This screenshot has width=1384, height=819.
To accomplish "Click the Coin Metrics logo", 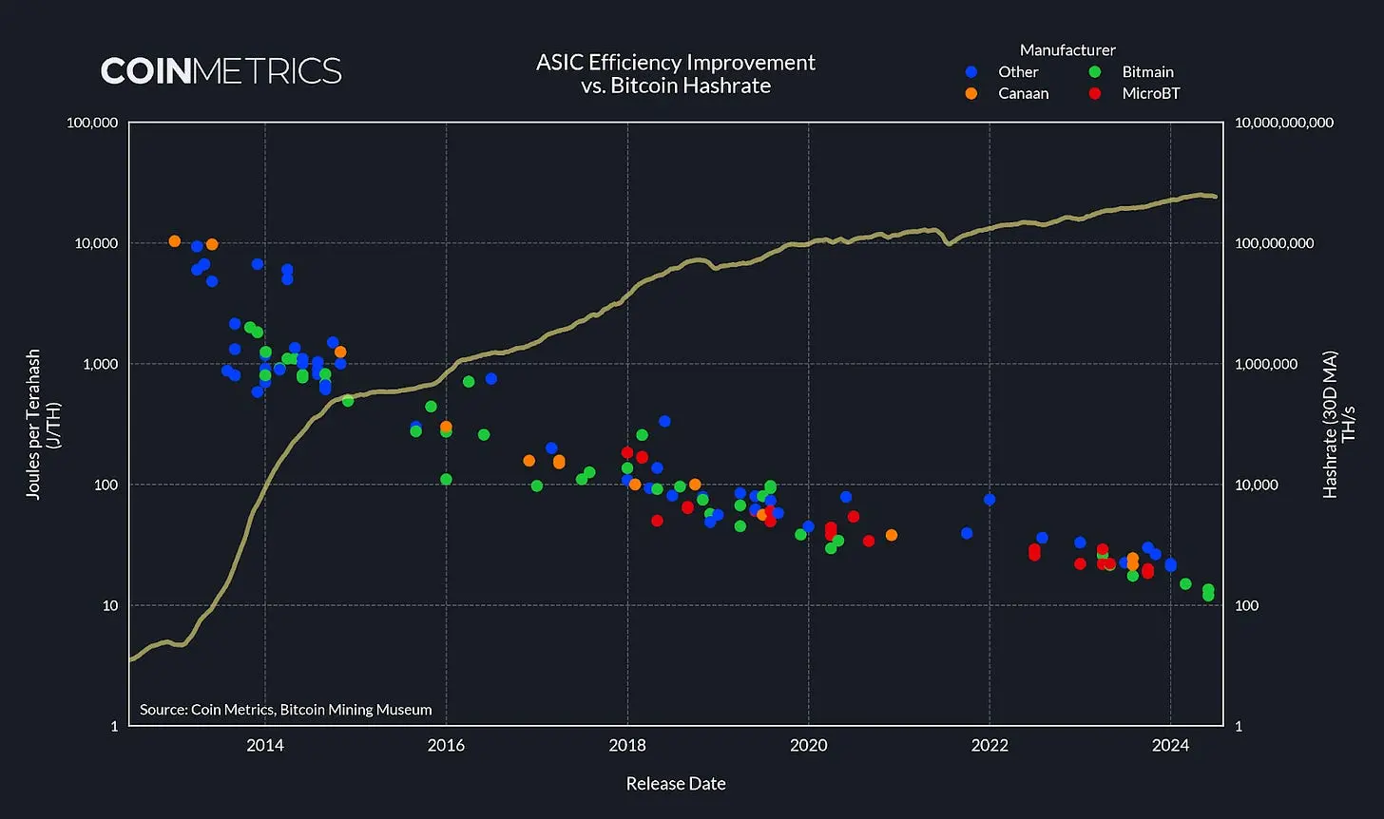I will (x=221, y=70).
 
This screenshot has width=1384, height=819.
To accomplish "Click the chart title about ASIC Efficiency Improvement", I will (x=675, y=73).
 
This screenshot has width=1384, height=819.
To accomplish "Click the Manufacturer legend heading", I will (x=1067, y=49).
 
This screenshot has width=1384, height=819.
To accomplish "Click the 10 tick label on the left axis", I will (x=106, y=605).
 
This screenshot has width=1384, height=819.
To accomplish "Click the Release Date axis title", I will (x=676, y=784).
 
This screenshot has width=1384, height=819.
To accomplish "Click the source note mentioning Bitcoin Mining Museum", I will (x=285, y=709).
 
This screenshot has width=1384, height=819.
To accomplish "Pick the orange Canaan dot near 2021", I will (x=891, y=535).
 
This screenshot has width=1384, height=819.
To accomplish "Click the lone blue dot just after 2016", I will (x=490, y=378).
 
